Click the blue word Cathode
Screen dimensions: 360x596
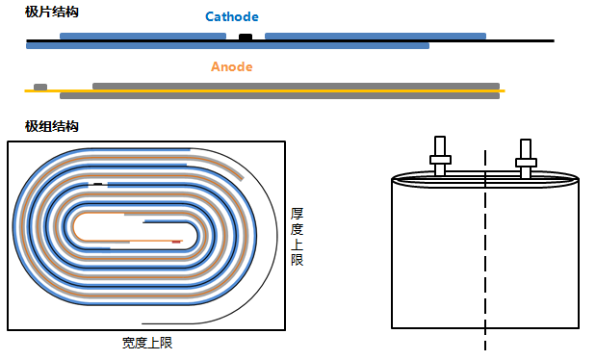(x=232, y=17)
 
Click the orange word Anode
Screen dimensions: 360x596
(x=232, y=67)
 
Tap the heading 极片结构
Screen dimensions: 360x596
(x=52, y=13)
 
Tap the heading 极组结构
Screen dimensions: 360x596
(x=52, y=127)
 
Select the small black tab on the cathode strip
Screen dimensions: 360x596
(x=246, y=37)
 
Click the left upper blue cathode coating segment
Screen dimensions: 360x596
(x=143, y=36)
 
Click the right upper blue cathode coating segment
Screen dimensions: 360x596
(x=375, y=36)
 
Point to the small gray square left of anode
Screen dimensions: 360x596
(x=40, y=87)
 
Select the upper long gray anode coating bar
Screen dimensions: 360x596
(x=296, y=86)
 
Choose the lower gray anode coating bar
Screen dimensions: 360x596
(x=279, y=96)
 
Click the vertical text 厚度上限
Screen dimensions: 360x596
(x=298, y=236)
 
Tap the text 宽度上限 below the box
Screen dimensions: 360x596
(x=147, y=343)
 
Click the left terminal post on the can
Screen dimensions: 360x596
(x=439, y=157)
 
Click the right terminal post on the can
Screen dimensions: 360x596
(x=525, y=157)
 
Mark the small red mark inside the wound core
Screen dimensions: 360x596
(x=176, y=242)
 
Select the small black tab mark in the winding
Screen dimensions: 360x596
(x=97, y=183)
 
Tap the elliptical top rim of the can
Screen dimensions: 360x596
(x=485, y=179)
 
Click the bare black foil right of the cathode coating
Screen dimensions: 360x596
(x=520, y=40)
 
